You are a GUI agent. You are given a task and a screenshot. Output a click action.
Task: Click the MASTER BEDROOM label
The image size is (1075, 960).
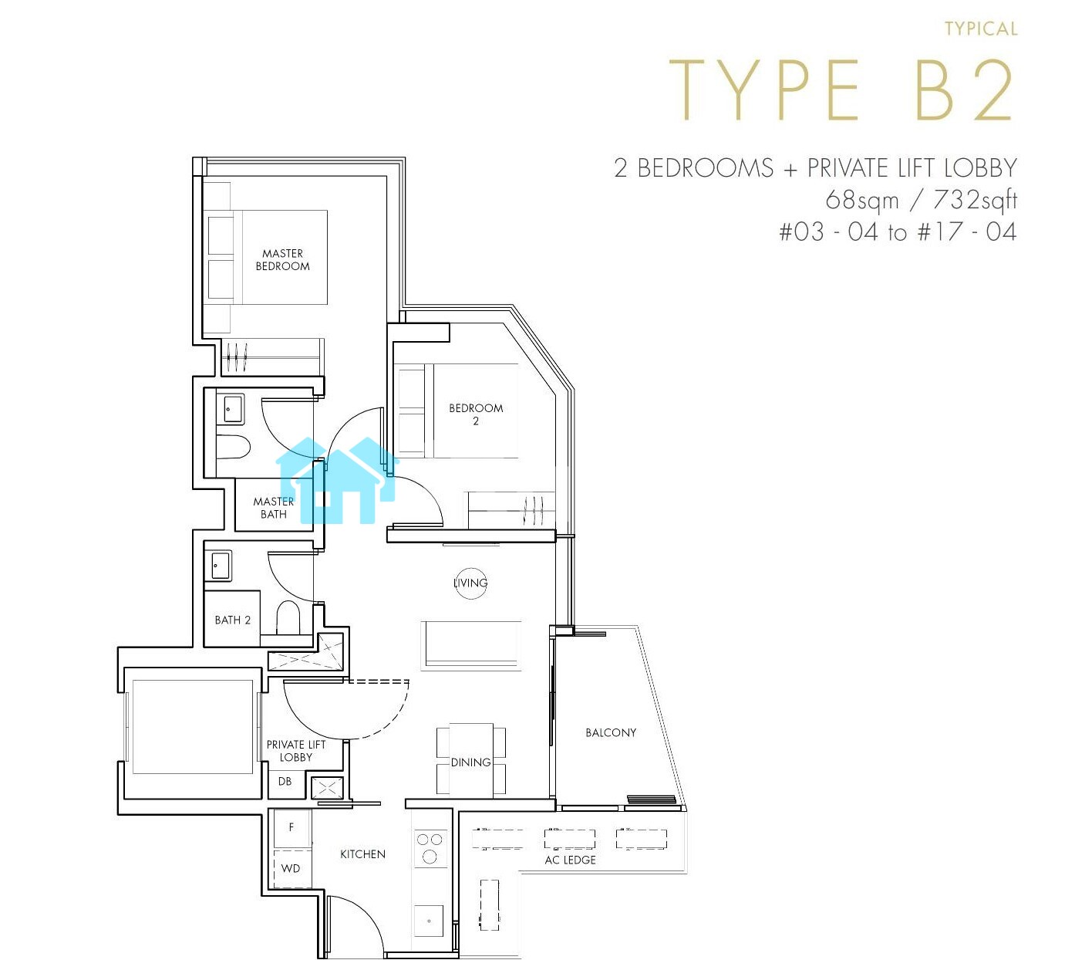click(282, 259)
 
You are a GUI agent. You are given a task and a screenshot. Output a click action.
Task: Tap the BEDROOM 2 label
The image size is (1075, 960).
click(475, 414)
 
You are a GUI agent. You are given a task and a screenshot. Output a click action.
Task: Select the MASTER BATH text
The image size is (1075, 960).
click(273, 508)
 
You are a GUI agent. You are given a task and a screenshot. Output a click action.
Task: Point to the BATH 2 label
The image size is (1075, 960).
click(232, 620)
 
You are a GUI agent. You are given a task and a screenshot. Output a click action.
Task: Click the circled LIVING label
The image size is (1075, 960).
click(470, 583)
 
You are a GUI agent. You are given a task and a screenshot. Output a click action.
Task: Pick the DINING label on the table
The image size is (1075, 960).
click(470, 762)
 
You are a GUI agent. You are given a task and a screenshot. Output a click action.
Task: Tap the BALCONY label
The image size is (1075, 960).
click(611, 732)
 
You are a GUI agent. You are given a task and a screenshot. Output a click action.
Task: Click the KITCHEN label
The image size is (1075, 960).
click(362, 854)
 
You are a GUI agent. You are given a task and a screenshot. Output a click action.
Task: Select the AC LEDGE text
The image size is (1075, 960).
click(570, 860)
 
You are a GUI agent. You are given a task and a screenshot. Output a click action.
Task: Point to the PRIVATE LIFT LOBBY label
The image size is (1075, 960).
click(295, 751)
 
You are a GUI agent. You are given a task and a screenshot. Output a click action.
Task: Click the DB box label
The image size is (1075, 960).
click(285, 781)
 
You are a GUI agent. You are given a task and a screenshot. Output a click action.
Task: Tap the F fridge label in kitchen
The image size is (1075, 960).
click(291, 826)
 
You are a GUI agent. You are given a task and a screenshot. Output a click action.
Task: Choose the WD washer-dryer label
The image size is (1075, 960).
click(290, 868)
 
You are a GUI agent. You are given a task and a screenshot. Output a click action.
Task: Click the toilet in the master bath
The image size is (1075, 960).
click(233, 447)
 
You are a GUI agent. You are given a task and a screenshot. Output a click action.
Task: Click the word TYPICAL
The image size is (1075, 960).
click(981, 29)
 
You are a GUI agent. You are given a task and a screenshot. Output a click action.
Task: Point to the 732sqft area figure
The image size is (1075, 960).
click(976, 200)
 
